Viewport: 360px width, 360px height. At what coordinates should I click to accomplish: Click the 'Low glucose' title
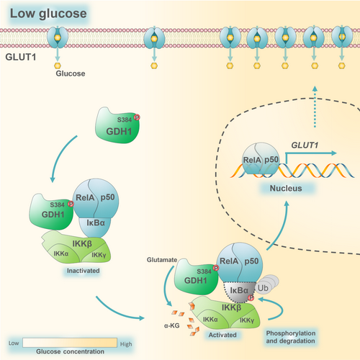48,14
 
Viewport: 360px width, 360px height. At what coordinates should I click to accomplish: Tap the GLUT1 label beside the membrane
21,57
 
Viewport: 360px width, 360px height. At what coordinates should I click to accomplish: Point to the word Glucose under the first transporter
71,73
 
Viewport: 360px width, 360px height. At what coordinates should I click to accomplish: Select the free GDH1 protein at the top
117,125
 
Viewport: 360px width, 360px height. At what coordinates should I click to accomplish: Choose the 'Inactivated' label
83,271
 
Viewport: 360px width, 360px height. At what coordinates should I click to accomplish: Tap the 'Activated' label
222,335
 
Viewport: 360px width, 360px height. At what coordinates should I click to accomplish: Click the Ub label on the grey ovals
263,288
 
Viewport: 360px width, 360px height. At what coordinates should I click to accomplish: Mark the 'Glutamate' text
162,260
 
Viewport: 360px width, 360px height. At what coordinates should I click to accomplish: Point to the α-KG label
172,325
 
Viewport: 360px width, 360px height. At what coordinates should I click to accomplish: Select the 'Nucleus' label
286,188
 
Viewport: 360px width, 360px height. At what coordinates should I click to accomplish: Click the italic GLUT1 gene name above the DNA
305,145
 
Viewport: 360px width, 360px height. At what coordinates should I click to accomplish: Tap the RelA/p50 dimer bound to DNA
261,158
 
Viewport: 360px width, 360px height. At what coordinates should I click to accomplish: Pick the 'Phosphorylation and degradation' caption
291,337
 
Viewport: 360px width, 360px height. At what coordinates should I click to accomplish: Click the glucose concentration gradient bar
70,343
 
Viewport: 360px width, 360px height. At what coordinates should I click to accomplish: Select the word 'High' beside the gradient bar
126,344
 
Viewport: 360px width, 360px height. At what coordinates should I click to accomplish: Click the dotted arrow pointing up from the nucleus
315,107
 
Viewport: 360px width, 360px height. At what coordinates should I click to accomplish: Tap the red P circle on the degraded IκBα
251,298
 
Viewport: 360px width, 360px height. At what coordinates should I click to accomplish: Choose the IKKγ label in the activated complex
247,320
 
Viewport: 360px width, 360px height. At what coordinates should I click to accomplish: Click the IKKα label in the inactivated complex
61,253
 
